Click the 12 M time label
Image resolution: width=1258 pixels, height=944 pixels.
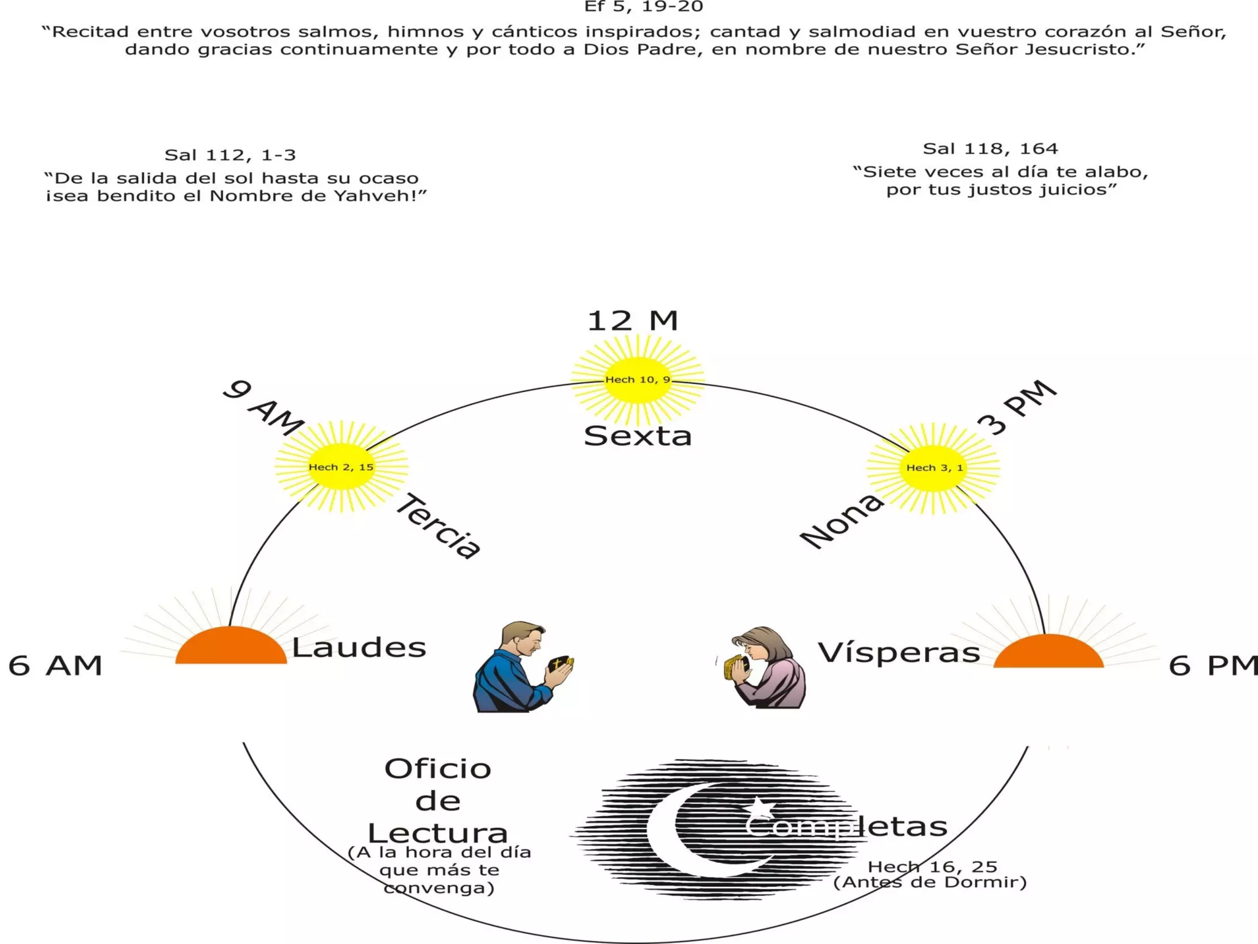point(633,321)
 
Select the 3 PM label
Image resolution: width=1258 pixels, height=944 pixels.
point(1017,407)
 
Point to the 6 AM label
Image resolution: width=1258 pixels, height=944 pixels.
point(55,666)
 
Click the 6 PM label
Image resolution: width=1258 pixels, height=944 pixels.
point(1212,666)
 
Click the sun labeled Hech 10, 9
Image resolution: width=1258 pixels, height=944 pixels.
point(638,380)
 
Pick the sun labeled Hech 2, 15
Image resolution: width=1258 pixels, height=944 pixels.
point(341,467)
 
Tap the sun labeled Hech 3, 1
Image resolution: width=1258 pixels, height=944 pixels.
point(934,468)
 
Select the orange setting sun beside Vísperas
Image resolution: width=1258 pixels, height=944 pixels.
point(1049,653)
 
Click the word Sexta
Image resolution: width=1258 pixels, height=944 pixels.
point(638,436)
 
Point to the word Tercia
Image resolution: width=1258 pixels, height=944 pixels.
point(439,526)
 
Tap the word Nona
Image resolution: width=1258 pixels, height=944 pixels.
point(842,521)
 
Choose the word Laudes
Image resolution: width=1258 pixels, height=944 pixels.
point(359,648)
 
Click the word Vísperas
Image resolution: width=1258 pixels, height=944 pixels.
point(898,653)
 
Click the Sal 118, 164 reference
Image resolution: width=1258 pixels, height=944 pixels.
point(990,149)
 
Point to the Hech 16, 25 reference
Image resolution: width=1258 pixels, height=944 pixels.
point(932,867)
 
